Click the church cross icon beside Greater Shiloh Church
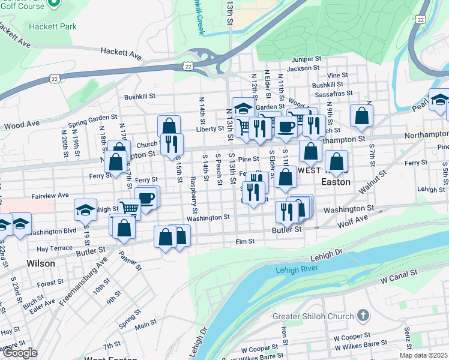click(x=363, y=315)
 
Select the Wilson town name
click(x=41, y=263)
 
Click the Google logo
click(x=20, y=353)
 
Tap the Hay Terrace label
click(x=54, y=248)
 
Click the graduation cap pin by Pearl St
click(x=439, y=100)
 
